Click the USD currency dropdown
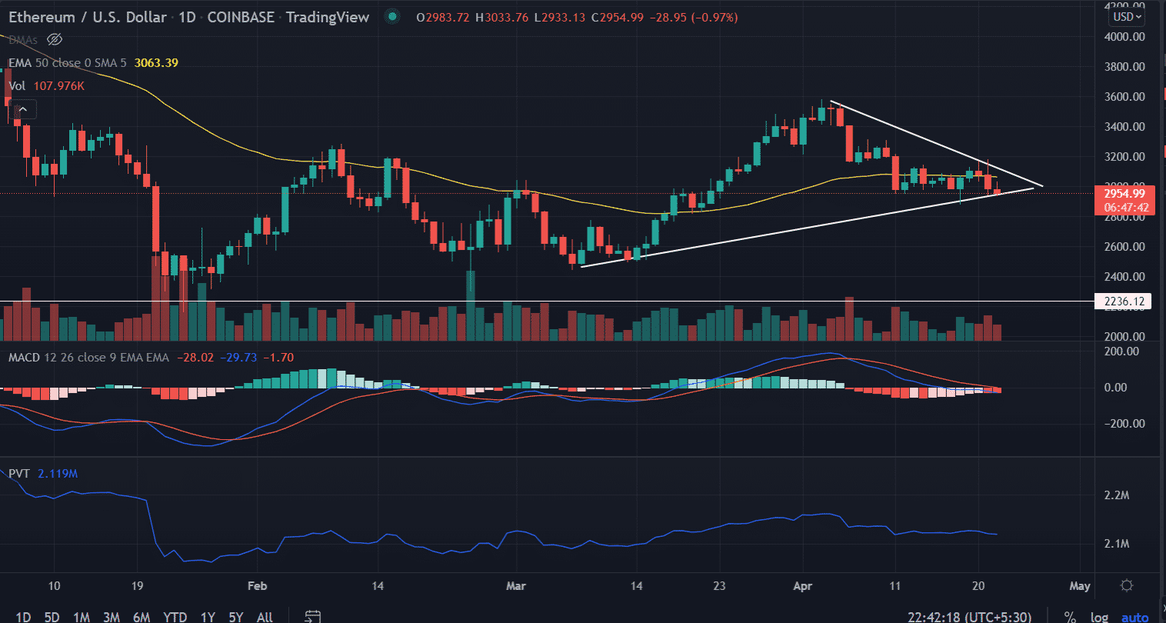pos(1128,16)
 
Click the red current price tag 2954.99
pos(1124,194)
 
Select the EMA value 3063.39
pos(156,63)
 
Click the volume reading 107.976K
pos(58,86)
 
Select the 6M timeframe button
pos(142,617)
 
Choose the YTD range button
pos(175,617)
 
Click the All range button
pos(265,617)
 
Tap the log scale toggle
pos(1100,617)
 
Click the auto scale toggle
pos(1134,617)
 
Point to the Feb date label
pos(258,586)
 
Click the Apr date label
pos(802,586)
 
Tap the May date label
pos(1080,586)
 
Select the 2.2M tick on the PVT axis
pos(1117,495)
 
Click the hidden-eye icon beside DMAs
pos(54,39)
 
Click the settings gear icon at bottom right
pos(1127,586)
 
